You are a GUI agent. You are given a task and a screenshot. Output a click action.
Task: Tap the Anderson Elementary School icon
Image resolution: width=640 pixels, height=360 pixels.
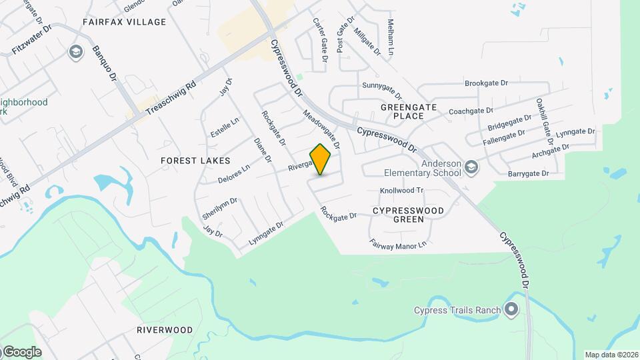click(x=471, y=167)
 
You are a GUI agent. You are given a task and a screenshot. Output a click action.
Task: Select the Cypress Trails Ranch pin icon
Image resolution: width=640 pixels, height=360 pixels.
click(x=511, y=309)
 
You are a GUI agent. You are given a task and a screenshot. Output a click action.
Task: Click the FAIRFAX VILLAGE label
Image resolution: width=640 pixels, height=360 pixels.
click(x=124, y=22)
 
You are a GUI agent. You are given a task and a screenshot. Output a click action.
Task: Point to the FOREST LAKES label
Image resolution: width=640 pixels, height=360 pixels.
click(x=195, y=161)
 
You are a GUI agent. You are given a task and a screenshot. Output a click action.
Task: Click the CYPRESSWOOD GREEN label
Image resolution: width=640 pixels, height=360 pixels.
click(x=408, y=215)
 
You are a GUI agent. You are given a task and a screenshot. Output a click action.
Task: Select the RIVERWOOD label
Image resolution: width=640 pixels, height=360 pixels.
click(x=165, y=330)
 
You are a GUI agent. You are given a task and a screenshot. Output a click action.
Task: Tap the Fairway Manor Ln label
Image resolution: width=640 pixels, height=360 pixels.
click(x=398, y=245)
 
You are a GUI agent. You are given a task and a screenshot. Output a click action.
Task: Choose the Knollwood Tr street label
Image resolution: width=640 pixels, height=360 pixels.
click(x=402, y=191)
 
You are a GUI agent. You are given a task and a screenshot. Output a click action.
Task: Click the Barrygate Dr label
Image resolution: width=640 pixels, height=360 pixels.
click(x=527, y=173)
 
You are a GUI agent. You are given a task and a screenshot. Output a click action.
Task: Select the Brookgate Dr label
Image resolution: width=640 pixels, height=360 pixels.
click(x=487, y=83)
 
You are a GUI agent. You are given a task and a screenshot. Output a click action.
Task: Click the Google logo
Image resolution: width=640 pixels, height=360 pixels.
click(x=22, y=352)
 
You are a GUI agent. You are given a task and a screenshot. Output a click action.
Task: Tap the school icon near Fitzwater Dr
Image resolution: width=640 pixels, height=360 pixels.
click(x=75, y=51)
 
